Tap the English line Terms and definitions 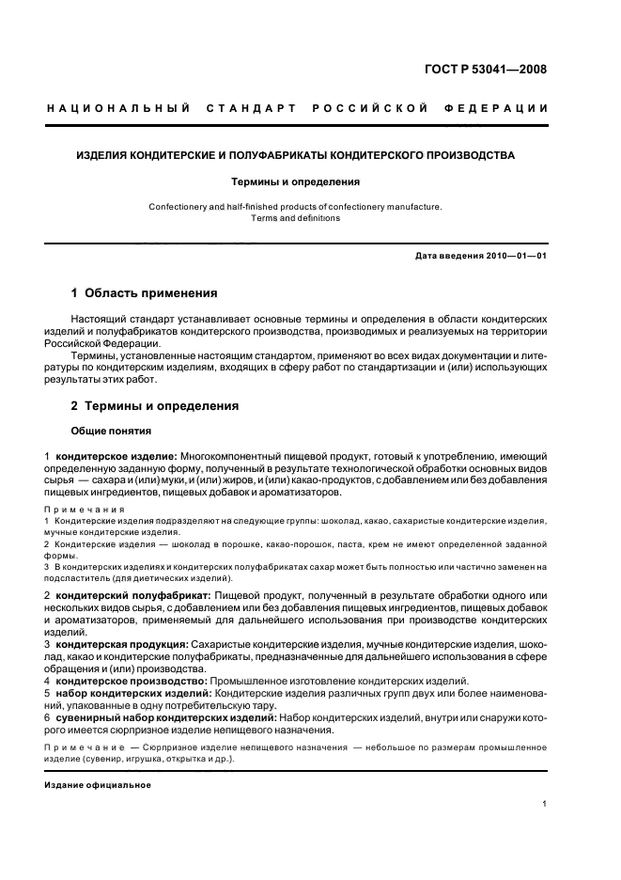[295, 218]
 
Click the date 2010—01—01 [517, 257]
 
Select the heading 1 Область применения [144, 293]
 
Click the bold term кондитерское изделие [116, 456]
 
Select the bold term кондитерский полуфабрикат [132, 596]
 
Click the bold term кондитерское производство [131, 681]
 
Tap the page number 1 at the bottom [545, 804]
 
